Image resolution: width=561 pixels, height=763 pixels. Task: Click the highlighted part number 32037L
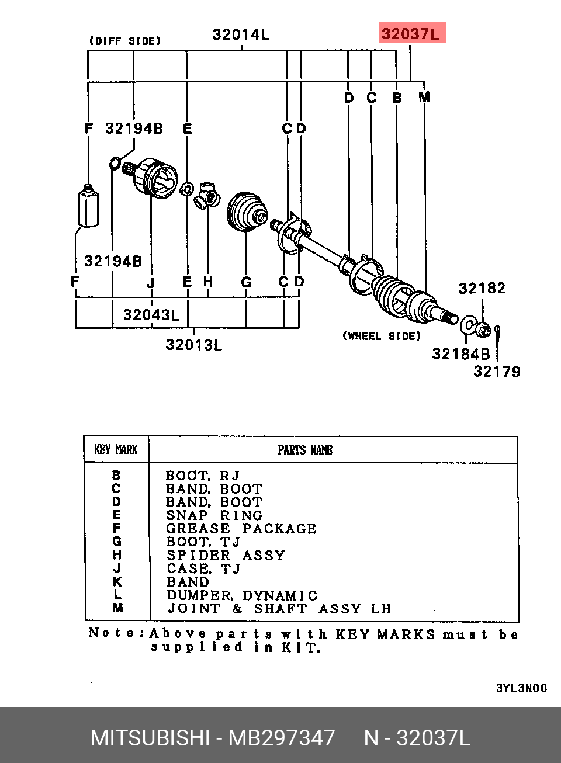point(410,34)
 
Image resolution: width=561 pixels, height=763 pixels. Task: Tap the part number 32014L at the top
point(241,34)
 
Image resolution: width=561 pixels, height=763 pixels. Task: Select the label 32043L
point(151,315)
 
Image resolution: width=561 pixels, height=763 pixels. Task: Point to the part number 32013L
point(193,345)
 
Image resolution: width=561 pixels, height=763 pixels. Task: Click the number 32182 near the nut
point(482,288)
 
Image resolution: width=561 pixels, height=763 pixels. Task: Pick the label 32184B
point(461,354)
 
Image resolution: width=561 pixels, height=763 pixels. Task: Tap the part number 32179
point(497,372)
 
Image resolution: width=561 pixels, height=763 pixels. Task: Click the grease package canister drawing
point(89,206)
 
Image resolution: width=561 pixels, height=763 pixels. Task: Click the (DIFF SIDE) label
point(124,41)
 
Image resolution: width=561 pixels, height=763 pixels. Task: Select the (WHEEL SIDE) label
point(382,336)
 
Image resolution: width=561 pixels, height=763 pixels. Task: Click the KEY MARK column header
point(116,449)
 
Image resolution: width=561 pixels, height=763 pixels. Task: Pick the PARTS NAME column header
point(305,450)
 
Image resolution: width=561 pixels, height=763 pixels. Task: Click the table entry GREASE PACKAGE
point(241,529)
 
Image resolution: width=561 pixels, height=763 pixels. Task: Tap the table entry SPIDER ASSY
point(226,555)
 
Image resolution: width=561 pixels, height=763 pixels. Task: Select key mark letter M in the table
point(117,608)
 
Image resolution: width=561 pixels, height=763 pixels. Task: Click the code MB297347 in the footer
point(281,738)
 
